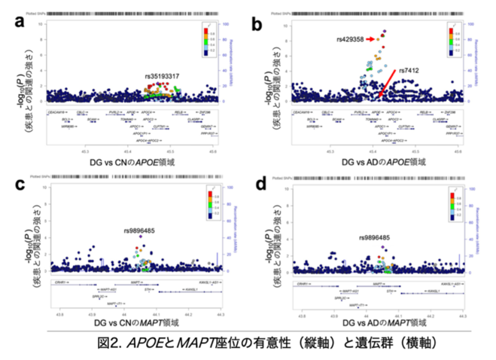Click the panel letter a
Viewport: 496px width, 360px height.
tap(20, 23)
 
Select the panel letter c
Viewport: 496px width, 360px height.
tap(20, 185)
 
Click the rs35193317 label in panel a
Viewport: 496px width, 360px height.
tap(162, 77)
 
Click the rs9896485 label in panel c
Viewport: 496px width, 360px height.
tap(141, 230)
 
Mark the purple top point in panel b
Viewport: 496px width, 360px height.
tap(385, 32)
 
